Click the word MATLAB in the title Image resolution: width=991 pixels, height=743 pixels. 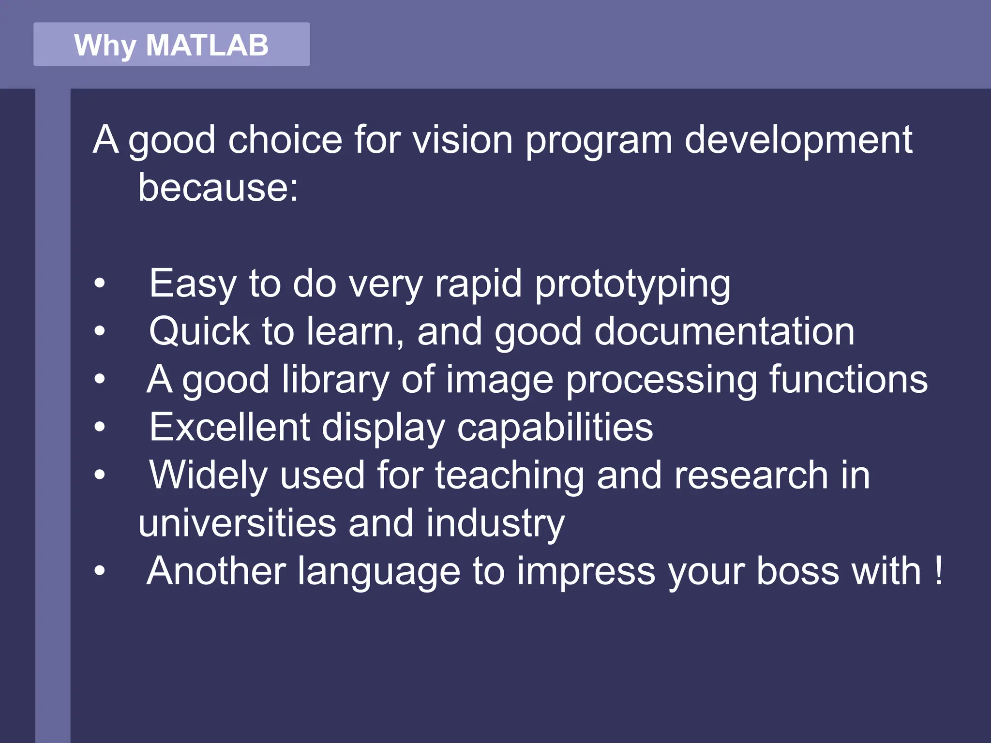207,45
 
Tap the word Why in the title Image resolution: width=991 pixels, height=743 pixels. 104,46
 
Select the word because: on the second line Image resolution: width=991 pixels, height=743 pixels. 218,188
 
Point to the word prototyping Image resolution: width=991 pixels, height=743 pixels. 632,284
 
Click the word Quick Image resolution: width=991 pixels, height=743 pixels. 199,332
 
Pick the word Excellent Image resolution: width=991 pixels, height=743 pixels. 229,428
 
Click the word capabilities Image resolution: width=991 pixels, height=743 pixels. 555,428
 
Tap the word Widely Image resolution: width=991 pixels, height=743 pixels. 208,476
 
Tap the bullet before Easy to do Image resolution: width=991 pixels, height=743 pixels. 100,284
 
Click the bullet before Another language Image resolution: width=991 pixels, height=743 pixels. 100,571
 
